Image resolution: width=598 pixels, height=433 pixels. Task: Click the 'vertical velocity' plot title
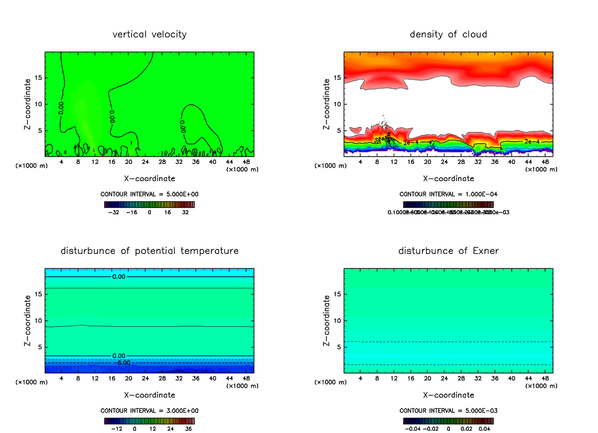[x=149, y=34]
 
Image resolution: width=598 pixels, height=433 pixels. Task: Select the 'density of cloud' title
[x=448, y=34]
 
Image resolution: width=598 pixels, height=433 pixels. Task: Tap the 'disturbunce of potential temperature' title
[x=149, y=251]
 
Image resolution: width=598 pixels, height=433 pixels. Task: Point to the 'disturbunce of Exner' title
[x=448, y=251]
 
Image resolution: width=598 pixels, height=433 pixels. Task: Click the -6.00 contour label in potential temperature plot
[x=124, y=363]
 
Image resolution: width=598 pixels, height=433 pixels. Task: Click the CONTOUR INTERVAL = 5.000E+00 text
[x=149, y=194]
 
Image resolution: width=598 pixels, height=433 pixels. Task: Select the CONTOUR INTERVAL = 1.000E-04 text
[x=448, y=194]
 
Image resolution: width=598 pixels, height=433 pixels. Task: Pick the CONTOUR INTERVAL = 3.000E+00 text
[x=149, y=411]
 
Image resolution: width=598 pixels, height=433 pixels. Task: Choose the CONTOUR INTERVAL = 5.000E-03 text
[x=448, y=411]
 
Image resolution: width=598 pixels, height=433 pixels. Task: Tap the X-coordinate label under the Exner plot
[x=448, y=395]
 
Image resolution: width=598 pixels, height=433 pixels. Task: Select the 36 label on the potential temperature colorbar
[x=188, y=428]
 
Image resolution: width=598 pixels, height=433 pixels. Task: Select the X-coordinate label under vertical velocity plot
[x=149, y=178]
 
